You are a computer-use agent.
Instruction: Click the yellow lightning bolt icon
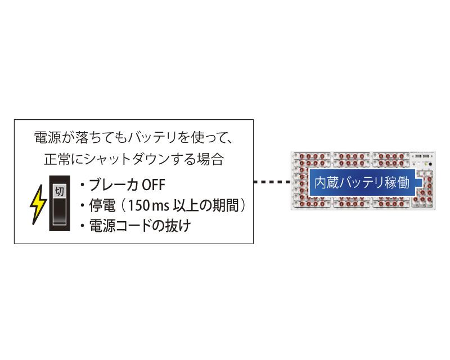click(38, 204)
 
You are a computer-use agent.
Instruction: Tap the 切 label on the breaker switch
click(60, 191)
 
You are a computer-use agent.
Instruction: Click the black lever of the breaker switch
click(60, 211)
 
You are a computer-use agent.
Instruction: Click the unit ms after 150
click(161, 206)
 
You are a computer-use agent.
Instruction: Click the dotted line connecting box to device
click(272, 182)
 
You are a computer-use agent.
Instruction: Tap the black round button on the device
click(430, 164)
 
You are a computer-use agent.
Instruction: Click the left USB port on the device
click(418, 156)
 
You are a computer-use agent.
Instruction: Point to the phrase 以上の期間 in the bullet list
click(206, 205)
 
